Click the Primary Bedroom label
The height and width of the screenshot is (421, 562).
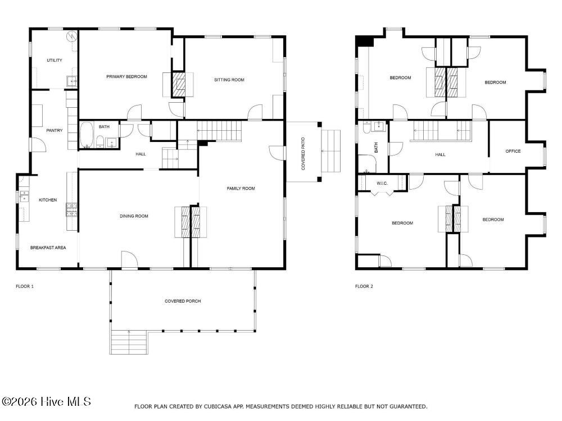[x=126, y=76]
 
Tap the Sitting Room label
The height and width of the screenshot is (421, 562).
[x=229, y=80]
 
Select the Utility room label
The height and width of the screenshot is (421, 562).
[x=55, y=60]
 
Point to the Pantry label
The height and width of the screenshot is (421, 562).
[x=55, y=130]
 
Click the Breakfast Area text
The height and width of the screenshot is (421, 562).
[x=48, y=248]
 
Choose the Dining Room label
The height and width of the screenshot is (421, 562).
[x=134, y=216]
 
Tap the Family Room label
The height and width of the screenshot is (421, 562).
[x=241, y=188]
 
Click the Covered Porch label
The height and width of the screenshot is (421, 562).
[x=183, y=301]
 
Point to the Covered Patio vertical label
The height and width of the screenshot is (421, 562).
[x=303, y=154]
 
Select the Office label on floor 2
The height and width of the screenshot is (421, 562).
[x=513, y=151]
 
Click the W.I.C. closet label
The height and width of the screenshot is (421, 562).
[x=382, y=184]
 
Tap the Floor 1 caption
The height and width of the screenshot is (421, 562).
[x=25, y=286]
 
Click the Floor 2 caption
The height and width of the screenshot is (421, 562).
[x=364, y=286]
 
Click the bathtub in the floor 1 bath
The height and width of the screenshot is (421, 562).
[x=87, y=135]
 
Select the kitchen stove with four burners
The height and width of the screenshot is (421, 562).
[x=71, y=210]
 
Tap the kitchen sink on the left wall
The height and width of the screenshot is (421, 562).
[x=24, y=196]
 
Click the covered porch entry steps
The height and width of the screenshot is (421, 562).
[x=129, y=342]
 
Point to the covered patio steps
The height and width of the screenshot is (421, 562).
[x=331, y=151]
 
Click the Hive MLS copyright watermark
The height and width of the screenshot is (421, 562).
[x=46, y=402]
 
